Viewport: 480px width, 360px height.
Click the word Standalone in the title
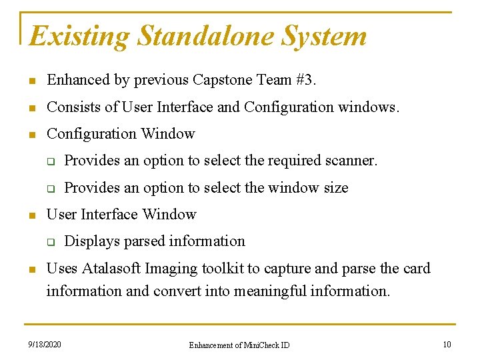[x=205, y=36]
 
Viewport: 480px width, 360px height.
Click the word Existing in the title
[x=79, y=36]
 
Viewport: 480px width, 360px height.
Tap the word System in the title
[x=323, y=36]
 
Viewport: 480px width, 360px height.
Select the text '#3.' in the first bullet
[x=306, y=80]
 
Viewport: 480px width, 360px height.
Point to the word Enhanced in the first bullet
[x=78, y=80]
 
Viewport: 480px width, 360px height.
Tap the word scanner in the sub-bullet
[x=352, y=161]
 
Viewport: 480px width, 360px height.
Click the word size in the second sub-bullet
[x=335, y=188]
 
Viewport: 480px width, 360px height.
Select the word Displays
[x=89, y=241]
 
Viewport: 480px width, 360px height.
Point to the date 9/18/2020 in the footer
[x=45, y=345]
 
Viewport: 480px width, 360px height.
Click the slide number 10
[x=447, y=345]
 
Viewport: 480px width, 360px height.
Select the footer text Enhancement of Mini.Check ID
[x=239, y=345]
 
